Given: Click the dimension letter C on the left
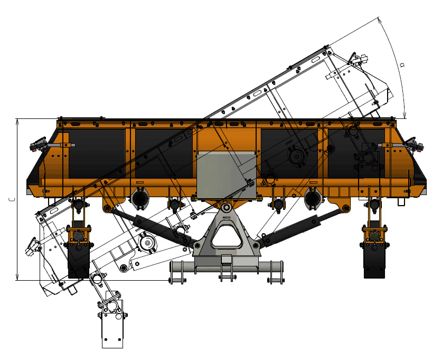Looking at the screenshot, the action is coord(12,199).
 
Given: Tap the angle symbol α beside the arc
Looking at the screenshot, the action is coord(402,65).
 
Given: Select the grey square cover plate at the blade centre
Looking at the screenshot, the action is coord(227,175).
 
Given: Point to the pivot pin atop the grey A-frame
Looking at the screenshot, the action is coord(226,208).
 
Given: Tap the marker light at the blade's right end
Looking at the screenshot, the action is coord(415,145).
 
